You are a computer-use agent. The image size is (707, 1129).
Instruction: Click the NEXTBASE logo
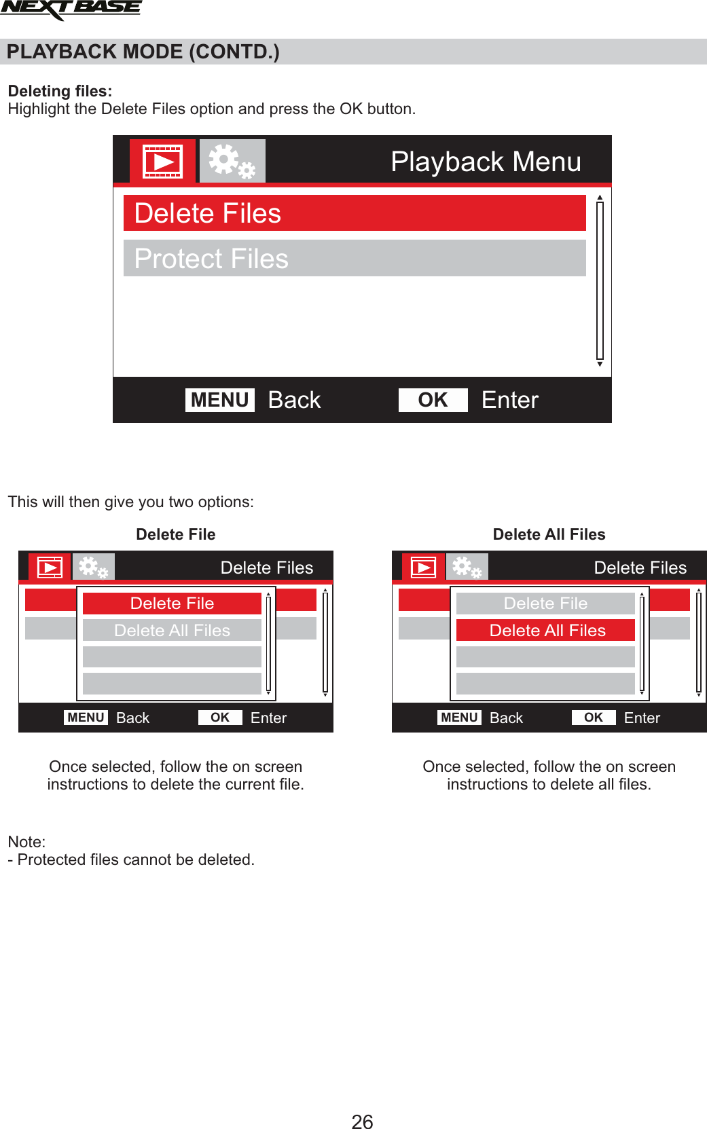pyautogui.click(x=71, y=10)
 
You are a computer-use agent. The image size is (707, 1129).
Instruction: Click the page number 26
pyautogui.click(x=362, y=1121)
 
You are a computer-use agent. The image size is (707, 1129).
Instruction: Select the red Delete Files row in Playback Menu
pyautogui.click(x=354, y=213)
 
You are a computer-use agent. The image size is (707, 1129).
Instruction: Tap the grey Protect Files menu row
pyautogui.click(x=354, y=259)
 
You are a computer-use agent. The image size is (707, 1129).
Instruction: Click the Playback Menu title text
pyautogui.click(x=486, y=162)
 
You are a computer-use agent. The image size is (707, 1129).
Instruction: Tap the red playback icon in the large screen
pyautogui.click(x=162, y=162)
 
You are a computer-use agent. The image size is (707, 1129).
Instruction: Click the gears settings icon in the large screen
pyautogui.click(x=232, y=162)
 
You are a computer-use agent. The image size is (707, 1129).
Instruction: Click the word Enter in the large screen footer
pyautogui.click(x=509, y=400)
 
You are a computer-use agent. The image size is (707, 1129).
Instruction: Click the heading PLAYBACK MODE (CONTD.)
pyautogui.click(x=143, y=52)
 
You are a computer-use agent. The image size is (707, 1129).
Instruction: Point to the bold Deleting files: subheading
pyautogui.click(x=60, y=91)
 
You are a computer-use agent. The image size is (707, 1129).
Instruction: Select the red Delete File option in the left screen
pyautogui.click(x=172, y=604)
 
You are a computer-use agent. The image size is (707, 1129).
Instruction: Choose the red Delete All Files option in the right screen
pyautogui.click(x=546, y=631)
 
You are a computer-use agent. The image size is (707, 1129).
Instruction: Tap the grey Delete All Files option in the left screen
pyautogui.click(x=172, y=631)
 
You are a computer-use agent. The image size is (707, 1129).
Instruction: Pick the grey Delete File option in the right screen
pyautogui.click(x=545, y=604)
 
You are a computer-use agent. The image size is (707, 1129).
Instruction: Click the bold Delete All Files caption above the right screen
pyautogui.click(x=549, y=534)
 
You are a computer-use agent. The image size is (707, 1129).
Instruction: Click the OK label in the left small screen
pyautogui.click(x=220, y=718)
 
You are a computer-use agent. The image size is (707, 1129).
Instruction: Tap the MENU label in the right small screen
pyautogui.click(x=459, y=718)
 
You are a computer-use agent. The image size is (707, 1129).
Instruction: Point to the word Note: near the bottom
pyautogui.click(x=26, y=842)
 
